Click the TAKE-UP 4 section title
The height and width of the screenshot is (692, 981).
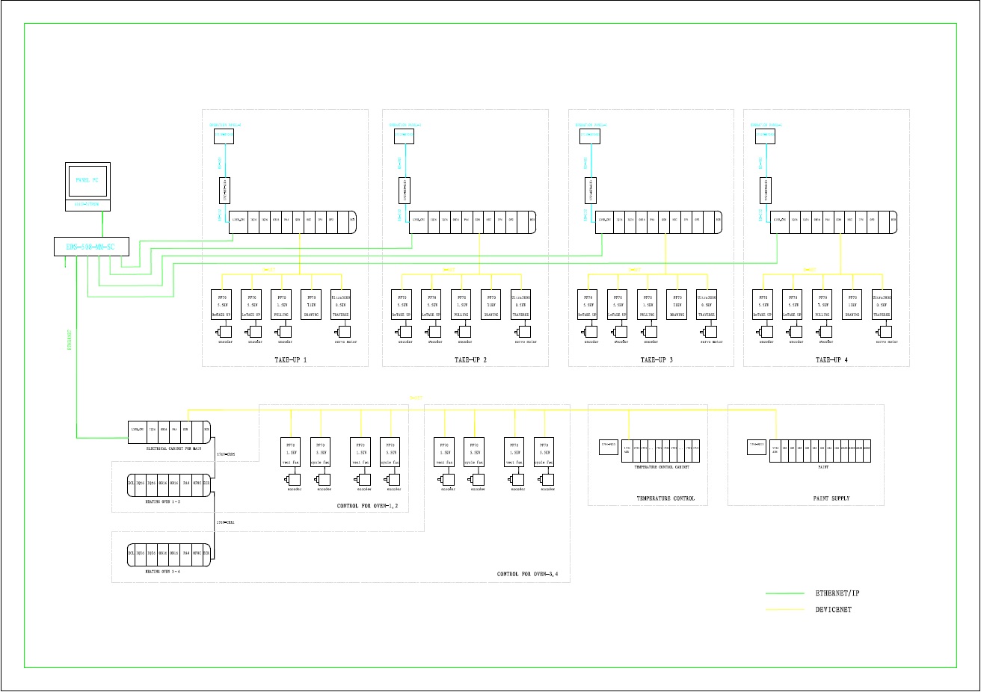tap(831, 359)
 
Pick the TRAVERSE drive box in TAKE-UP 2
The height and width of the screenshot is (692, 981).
tap(521, 304)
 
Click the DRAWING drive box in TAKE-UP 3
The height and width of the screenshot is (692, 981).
tap(677, 304)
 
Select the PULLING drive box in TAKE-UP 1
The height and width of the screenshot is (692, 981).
tap(281, 304)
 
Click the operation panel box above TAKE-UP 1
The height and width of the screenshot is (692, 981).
tap(224, 135)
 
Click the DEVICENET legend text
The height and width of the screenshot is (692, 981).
tap(833, 610)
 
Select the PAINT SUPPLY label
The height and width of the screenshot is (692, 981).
tap(831, 498)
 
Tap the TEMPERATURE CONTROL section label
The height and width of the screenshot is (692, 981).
tap(665, 498)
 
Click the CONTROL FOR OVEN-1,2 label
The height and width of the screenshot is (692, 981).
tap(367, 507)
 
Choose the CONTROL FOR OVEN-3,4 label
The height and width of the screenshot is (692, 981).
tap(528, 575)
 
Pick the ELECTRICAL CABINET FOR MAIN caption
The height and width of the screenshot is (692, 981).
tap(173, 448)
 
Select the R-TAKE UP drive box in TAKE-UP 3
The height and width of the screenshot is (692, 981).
tap(588, 304)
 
